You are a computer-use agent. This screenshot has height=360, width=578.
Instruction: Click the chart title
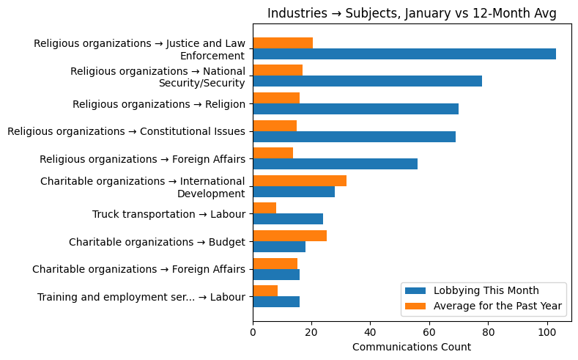tap(412, 13)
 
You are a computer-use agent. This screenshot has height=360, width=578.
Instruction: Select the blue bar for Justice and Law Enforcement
tap(404, 54)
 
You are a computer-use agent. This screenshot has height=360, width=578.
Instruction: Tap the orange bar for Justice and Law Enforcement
tap(283, 43)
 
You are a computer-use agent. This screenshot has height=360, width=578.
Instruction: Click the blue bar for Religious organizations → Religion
tap(355, 109)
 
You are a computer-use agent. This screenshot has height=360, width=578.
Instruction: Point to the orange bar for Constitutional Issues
tap(275, 125)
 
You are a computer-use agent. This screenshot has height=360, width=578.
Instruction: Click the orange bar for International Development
tap(300, 180)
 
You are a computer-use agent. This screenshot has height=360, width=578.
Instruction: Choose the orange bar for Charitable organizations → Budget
tap(289, 235)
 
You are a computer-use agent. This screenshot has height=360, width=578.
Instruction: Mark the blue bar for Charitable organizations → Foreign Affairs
tap(276, 274)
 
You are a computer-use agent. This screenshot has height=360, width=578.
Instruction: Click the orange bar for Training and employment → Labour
tap(265, 290)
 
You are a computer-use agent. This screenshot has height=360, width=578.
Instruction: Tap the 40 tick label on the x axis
tap(370, 331)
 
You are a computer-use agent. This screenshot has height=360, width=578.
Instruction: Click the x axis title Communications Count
tap(412, 347)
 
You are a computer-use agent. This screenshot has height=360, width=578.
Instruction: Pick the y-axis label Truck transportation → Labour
tap(168, 214)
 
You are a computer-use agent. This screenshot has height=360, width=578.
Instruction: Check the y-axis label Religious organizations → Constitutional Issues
tap(126, 131)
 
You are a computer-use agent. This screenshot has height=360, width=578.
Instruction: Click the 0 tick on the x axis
tap(253, 331)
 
